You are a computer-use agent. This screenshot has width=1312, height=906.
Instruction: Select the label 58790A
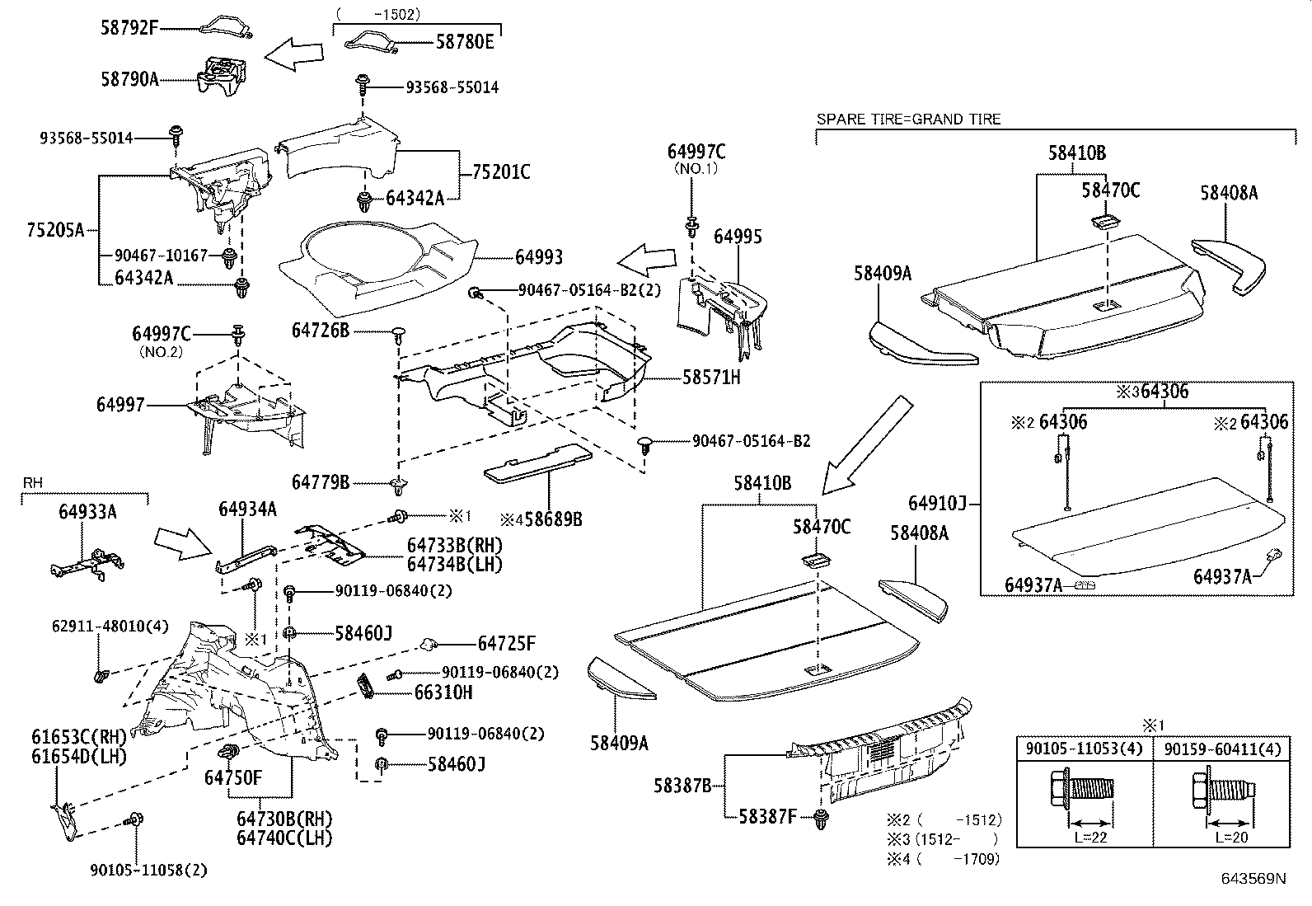coord(129,79)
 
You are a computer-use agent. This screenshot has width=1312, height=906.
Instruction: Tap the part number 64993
coord(539,257)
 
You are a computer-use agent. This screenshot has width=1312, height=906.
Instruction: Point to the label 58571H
coord(711,378)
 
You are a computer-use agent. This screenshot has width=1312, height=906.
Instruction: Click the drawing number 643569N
coord(1253,879)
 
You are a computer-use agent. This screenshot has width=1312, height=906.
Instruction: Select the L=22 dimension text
coord(1089,837)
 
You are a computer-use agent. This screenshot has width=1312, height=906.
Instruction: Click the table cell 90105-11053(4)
coord(1084,749)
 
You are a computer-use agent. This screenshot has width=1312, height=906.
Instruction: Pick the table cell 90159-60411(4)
coord(1222,749)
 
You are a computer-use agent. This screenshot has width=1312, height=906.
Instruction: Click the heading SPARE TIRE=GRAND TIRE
coord(908,120)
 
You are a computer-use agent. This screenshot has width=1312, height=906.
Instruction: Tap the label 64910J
coord(937,503)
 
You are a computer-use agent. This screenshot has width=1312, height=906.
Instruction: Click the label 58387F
coord(766,816)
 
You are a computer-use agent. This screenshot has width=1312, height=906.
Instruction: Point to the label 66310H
coord(443,692)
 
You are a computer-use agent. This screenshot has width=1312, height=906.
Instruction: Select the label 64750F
coord(232,777)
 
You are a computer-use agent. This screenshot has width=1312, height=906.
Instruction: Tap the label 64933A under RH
coord(87,512)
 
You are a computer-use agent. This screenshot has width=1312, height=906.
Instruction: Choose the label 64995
coord(738,237)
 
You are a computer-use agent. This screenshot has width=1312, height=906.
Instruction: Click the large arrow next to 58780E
coord(295,55)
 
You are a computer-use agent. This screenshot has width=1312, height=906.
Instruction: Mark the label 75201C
coord(500,172)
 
